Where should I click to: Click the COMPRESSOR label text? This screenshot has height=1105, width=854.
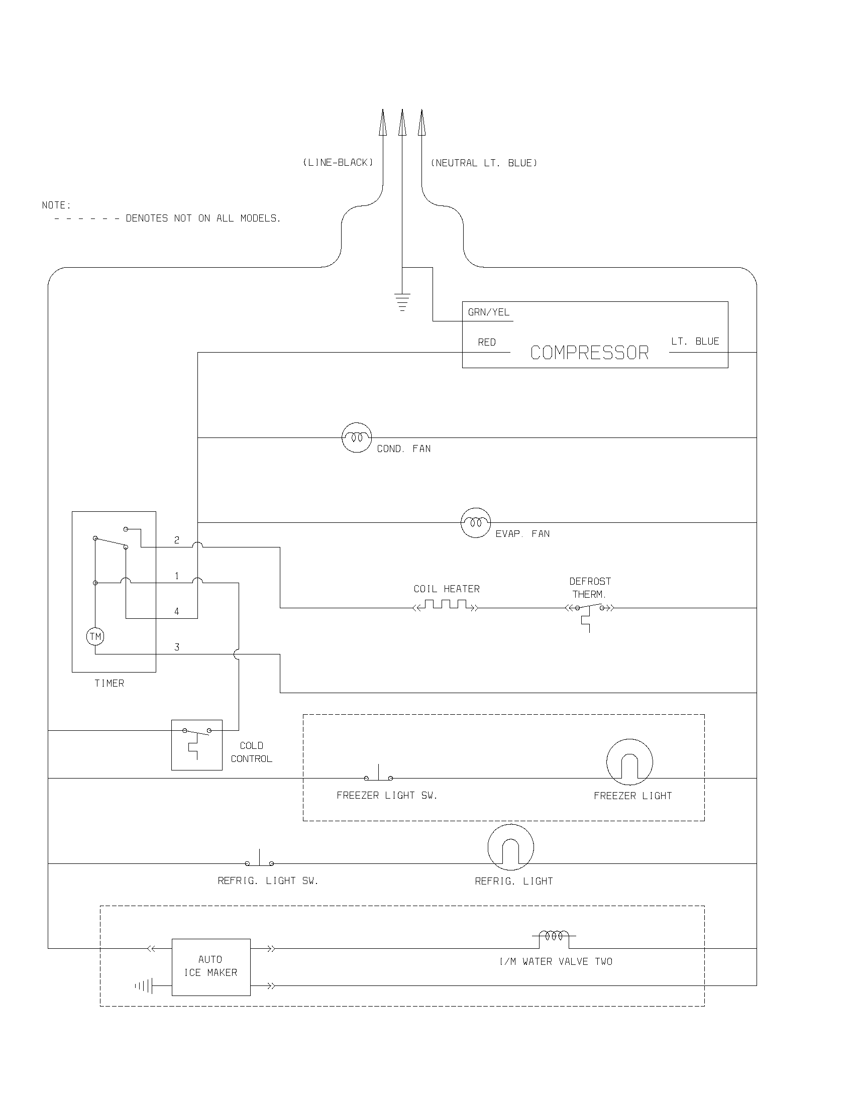tap(589, 353)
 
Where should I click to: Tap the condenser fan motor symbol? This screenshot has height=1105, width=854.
tap(357, 437)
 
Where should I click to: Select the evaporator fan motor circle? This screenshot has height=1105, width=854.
tap(476, 522)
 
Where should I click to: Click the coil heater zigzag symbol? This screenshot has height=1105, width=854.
tap(446, 605)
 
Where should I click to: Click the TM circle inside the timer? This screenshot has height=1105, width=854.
tap(95, 636)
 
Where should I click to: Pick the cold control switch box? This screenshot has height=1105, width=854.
tap(197, 745)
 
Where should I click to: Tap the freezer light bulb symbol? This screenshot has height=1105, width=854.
tap(629, 762)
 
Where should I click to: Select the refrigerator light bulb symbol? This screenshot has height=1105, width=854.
tap(510, 847)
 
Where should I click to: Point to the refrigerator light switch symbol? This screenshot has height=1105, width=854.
tap(260, 860)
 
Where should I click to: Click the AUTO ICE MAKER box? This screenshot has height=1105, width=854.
tap(211, 967)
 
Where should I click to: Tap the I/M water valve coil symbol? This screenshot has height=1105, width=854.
tap(554, 937)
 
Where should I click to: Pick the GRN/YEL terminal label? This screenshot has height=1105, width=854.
tap(488, 312)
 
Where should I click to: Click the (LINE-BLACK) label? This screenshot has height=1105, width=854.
tap(338, 162)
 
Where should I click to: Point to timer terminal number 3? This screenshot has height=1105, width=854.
tap(176, 647)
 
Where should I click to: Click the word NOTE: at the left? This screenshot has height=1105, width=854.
tap(56, 205)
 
